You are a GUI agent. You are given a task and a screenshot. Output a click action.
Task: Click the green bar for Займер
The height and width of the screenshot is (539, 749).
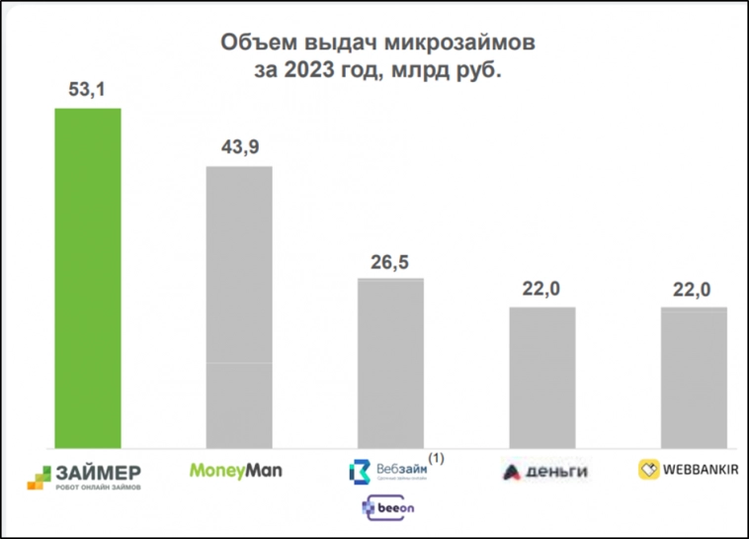click(88, 278)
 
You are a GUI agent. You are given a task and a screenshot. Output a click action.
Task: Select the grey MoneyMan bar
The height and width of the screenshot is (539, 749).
click(238, 308)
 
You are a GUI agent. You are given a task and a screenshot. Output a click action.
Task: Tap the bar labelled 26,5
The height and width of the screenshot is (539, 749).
click(390, 364)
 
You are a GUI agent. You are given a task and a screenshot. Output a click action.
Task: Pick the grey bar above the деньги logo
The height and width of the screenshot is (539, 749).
click(542, 378)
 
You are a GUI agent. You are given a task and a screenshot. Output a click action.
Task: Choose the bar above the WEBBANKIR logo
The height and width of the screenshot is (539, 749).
click(694, 378)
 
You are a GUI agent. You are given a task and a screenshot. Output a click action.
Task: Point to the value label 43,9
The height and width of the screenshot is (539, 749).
click(238, 148)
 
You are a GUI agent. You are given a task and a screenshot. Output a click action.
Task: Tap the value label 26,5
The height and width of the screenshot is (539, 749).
click(389, 261)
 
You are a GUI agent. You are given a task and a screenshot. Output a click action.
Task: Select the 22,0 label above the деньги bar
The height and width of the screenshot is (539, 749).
click(541, 289)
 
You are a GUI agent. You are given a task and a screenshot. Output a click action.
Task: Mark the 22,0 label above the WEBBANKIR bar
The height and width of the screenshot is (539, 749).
click(693, 289)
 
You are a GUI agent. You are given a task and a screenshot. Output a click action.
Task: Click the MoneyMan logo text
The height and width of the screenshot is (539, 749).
click(235, 471)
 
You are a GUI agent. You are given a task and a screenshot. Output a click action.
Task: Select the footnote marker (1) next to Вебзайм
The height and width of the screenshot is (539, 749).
click(436, 458)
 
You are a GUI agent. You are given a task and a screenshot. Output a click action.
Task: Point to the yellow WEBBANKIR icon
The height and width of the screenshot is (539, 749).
click(649, 470)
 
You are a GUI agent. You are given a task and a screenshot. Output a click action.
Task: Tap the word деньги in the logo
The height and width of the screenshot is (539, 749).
click(552, 472)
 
